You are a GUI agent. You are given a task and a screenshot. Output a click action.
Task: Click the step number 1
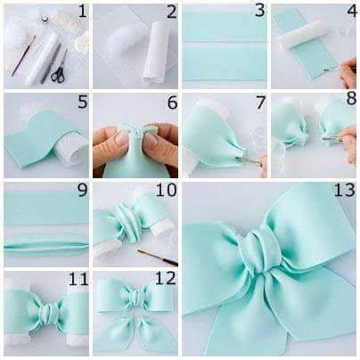(x=82, y=12)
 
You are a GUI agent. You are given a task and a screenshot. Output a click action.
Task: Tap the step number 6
(x=172, y=102)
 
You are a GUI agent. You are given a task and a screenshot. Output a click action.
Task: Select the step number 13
(x=345, y=190)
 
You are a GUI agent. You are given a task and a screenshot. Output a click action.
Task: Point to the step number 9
(x=83, y=191)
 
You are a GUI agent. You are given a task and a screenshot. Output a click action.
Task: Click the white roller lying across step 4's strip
(x=299, y=38)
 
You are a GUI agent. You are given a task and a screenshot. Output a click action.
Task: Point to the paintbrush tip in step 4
(x=325, y=70)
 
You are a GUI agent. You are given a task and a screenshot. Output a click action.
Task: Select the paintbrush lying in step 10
(x=158, y=258)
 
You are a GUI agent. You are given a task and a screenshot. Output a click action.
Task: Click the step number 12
(x=167, y=279)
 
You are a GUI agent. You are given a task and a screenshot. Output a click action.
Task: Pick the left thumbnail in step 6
(x=121, y=140)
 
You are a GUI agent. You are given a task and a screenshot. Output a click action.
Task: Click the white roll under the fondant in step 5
(x=74, y=148)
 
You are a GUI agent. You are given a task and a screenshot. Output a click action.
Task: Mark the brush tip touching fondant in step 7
(x=237, y=159)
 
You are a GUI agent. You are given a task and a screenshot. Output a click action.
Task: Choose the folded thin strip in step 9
(x=46, y=247)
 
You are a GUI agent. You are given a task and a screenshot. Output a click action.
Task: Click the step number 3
(x=260, y=12)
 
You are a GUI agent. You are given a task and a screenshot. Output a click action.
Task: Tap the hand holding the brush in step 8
(x=350, y=145)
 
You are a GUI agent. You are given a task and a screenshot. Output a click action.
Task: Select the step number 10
(x=167, y=190)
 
